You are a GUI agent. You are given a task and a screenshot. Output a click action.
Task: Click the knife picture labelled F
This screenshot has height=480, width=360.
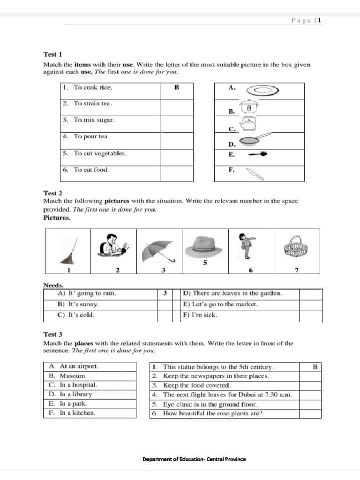[255, 173]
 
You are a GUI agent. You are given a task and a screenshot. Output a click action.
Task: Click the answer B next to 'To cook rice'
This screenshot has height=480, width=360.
[176, 88]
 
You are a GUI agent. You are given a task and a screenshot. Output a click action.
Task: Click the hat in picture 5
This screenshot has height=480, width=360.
[205, 246]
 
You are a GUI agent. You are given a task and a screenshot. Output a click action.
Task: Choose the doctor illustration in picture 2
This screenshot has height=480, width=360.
[113, 245]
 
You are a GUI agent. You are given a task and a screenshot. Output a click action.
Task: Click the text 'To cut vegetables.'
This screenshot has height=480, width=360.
[100, 153]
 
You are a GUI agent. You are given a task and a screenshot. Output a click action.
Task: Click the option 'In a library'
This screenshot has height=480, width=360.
[73, 394]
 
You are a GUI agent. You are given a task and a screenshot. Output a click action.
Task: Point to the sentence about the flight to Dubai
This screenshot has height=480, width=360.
[227, 395]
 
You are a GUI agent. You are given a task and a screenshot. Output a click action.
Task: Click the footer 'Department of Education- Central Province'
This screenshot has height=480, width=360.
[194, 459]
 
